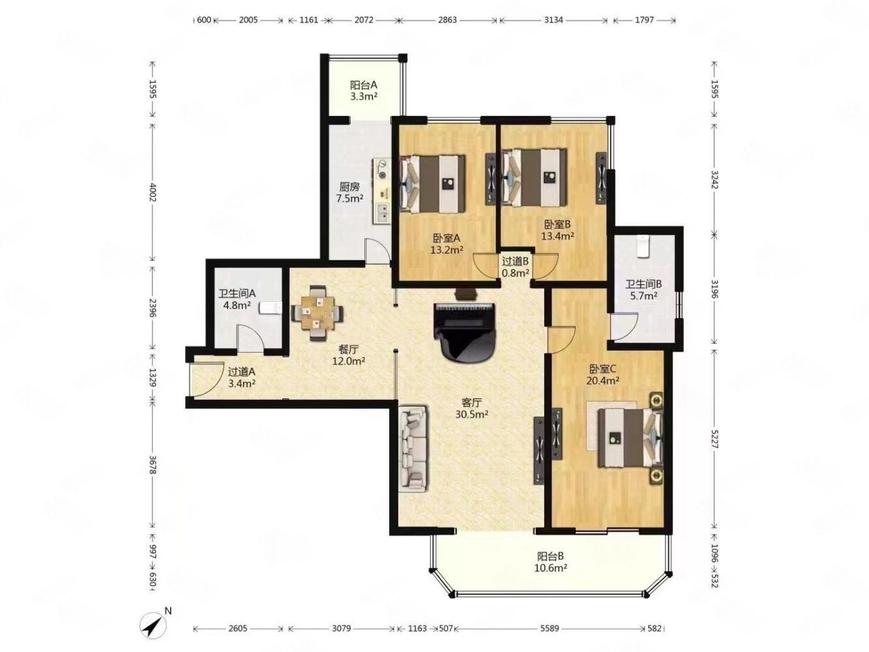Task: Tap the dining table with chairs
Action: [317, 313]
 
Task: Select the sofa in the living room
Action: [413, 448]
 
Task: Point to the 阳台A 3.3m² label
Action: [363, 91]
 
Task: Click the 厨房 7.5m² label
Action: [349, 192]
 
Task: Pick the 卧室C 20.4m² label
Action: [602, 375]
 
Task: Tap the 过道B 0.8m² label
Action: [515, 267]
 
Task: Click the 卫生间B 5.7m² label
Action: [643, 289]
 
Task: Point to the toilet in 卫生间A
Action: [271, 308]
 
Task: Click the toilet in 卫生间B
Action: [642, 246]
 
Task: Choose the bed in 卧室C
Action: [630, 437]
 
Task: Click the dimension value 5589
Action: [549, 629]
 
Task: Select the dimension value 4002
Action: [153, 192]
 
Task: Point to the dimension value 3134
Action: [553, 20]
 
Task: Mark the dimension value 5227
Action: [714, 439]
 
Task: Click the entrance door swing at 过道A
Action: [206, 379]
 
